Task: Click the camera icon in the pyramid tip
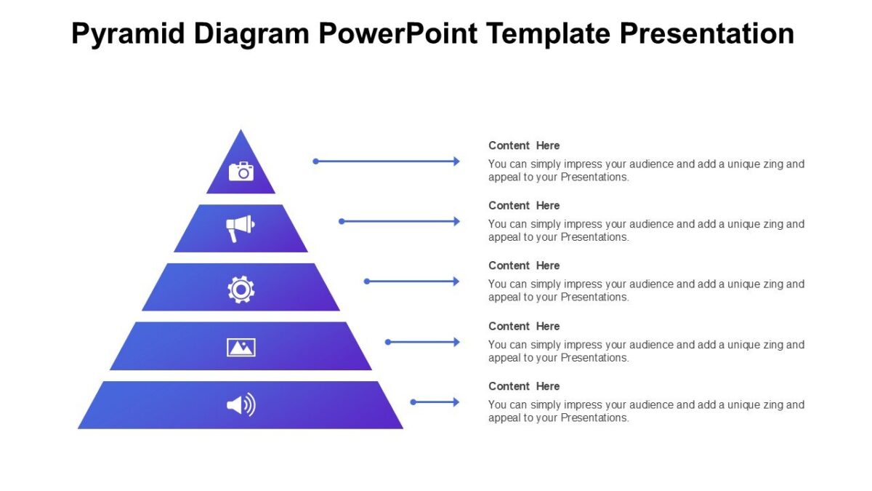241,171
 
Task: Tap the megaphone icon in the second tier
240,228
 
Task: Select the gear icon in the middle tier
241,289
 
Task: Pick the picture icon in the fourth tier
241,347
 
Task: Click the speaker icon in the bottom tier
241,404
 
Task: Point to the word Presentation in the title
708,34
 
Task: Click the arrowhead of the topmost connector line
456,161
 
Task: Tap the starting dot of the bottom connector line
413,402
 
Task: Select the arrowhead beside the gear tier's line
456,282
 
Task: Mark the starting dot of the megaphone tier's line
342,221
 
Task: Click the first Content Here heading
524,145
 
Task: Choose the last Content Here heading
524,386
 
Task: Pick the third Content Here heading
524,266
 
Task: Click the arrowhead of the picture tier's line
456,342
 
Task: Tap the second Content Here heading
524,206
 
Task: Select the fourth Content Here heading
524,326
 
